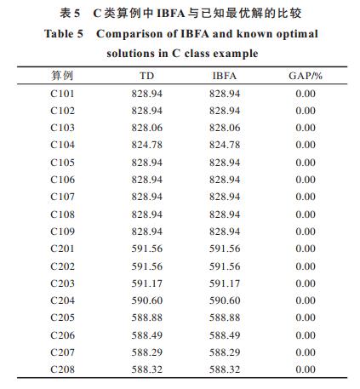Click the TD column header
[x=146, y=76]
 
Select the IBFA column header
[x=225, y=76]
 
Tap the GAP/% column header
[x=306, y=76]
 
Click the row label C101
[x=62, y=94]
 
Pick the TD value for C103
[x=147, y=128]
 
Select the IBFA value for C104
[x=225, y=145]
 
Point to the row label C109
[x=62, y=232]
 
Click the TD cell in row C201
[x=147, y=249]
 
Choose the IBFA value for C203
[x=225, y=283]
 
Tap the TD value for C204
[x=147, y=300]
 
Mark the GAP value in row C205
[x=306, y=317]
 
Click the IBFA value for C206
[x=225, y=335]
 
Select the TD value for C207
[x=147, y=352]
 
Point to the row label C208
[x=62, y=369]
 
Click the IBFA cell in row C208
[x=225, y=369]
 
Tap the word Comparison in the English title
[x=129, y=34]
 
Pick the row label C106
[x=62, y=180]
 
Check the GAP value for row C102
[x=306, y=111]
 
